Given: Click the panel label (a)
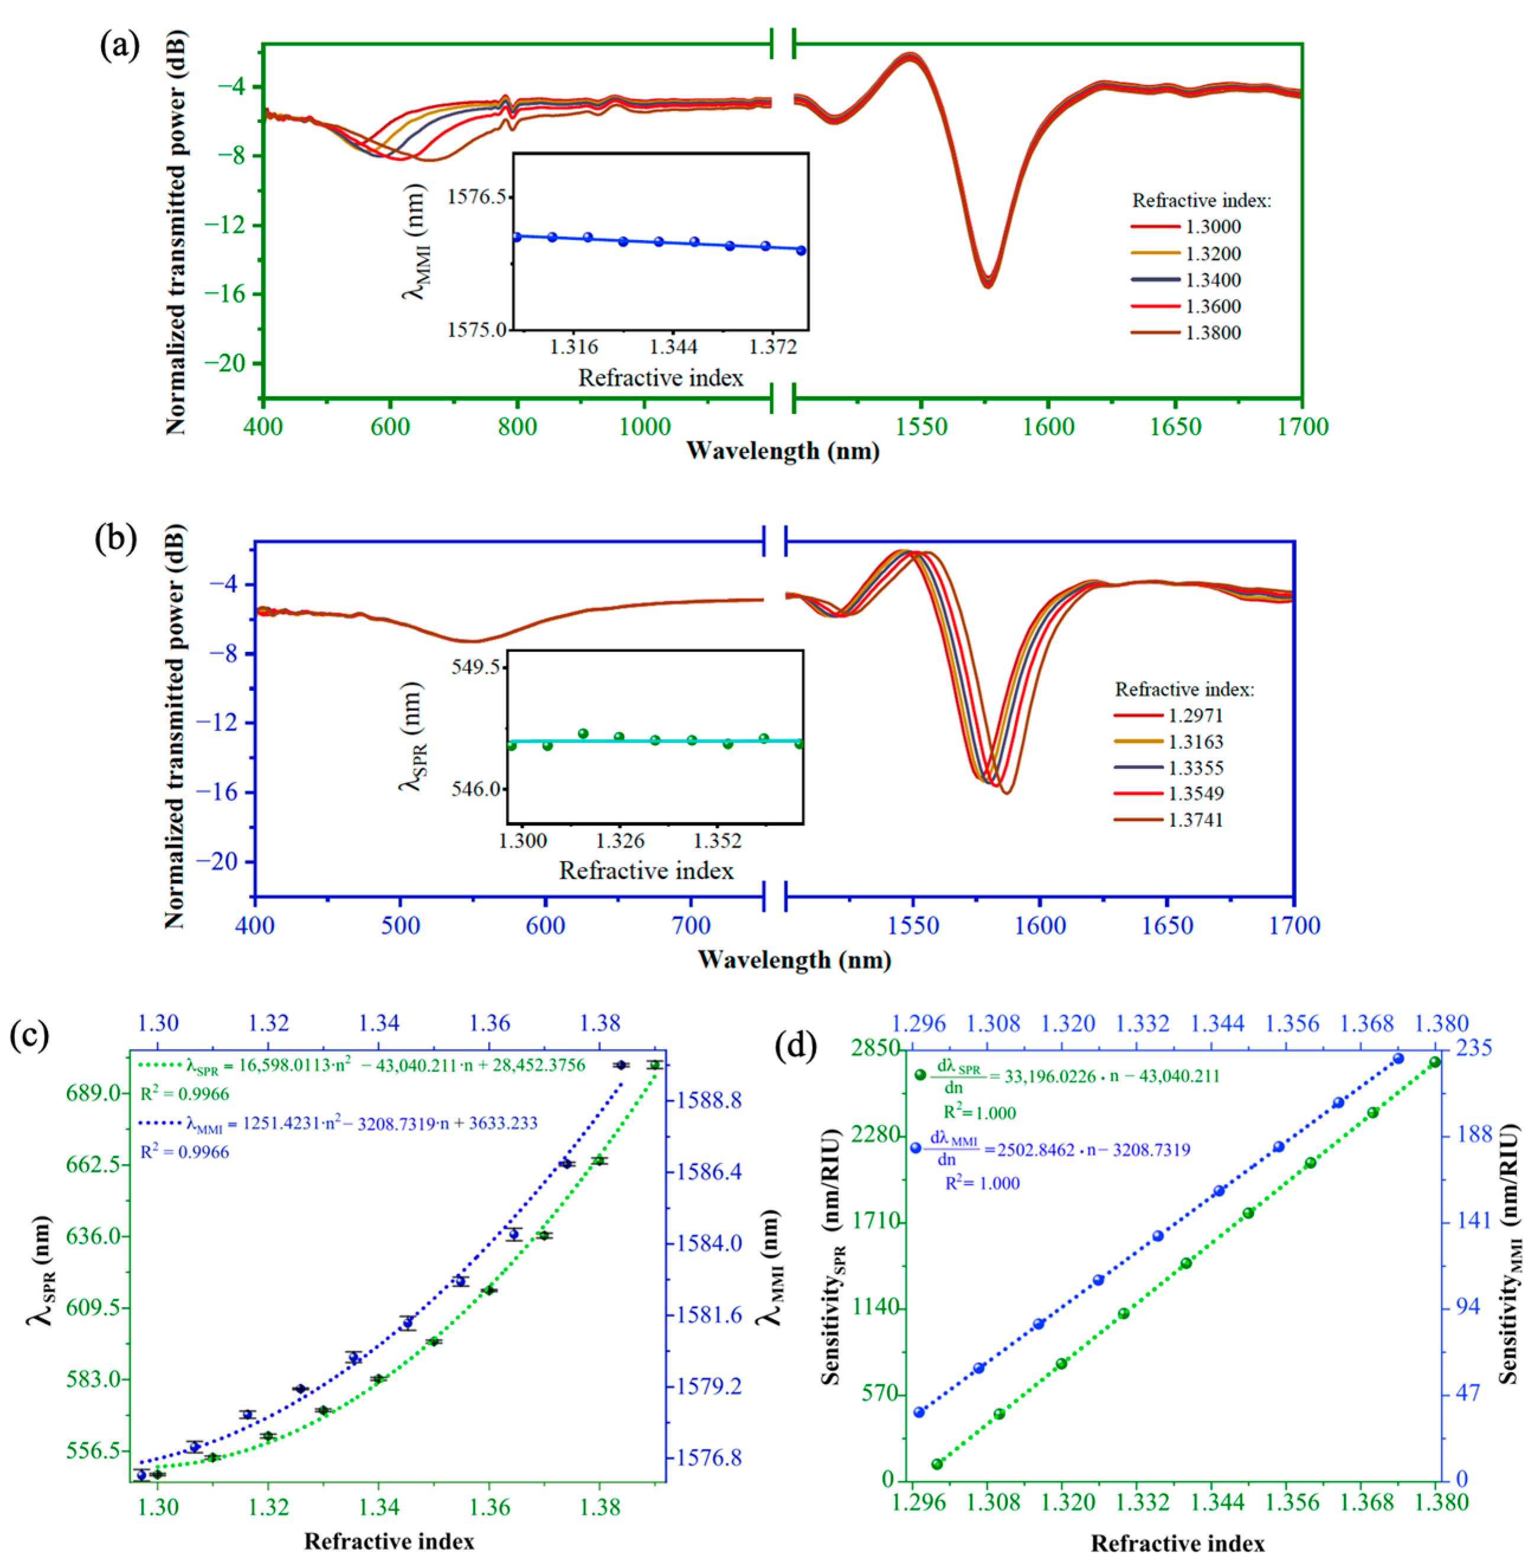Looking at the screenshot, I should tap(119, 46).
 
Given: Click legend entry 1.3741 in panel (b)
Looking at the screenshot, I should tap(1195, 820).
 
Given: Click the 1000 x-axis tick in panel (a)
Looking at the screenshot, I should tap(645, 426).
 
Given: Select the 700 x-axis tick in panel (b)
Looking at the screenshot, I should tap(691, 926).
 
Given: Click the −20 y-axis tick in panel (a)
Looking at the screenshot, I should tap(225, 363).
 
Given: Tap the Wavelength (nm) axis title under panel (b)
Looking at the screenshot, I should tap(794, 960).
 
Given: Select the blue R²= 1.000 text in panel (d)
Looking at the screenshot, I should tap(983, 1184).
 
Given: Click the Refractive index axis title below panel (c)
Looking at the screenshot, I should tap(389, 1541).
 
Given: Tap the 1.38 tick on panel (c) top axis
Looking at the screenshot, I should tap(600, 1023).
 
